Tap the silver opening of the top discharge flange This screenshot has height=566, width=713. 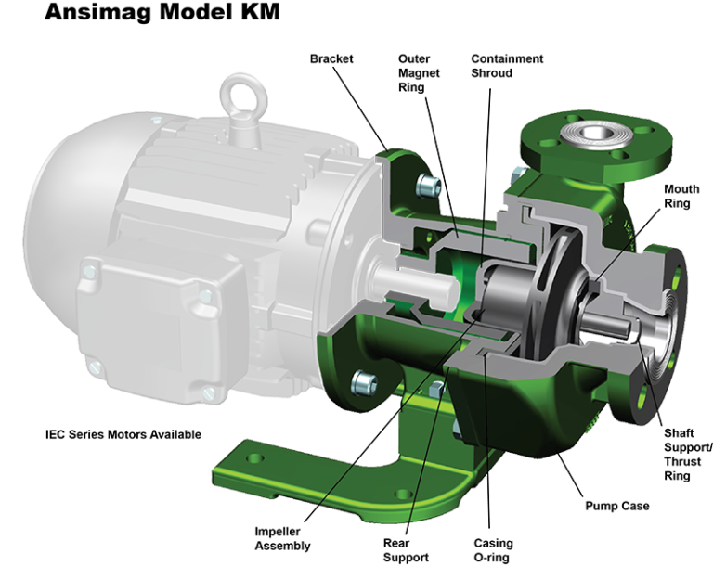pos(590,135)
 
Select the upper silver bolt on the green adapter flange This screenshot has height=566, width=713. pos(426,182)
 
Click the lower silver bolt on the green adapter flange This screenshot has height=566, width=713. pos(363,379)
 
